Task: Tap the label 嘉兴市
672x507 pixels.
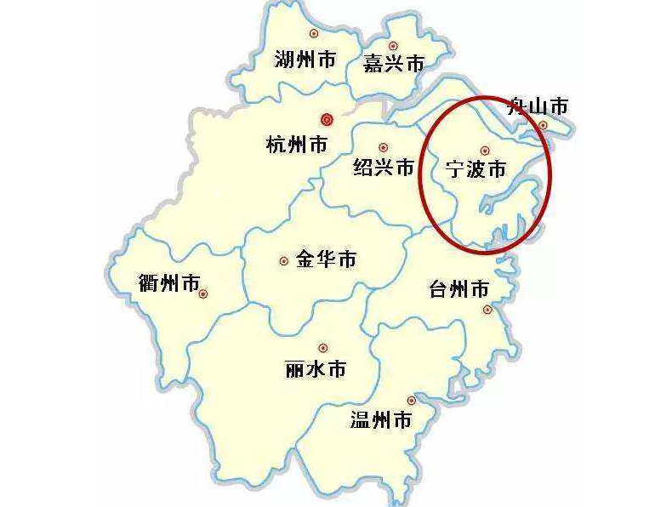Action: coord(393,64)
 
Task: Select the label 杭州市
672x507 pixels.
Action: coord(297,145)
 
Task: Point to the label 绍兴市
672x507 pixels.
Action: coord(384,168)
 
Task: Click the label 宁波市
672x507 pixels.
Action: coord(476,169)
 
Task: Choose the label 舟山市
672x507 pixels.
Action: coord(537,106)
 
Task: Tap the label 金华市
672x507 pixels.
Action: coord(326,260)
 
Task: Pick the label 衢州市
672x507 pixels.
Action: coord(168,282)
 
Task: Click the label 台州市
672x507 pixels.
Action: coord(459,289)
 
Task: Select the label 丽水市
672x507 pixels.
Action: coord(316,369)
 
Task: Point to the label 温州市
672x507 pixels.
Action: coord(381,419)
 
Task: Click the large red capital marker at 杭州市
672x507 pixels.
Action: coord(326,120)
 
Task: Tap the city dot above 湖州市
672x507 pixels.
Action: coord(314,33)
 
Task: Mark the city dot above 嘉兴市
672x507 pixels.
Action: coord(393,46)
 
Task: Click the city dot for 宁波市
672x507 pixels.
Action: coord(485,151)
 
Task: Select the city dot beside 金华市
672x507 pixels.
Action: coord(283,261)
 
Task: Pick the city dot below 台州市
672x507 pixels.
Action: coord(487,310)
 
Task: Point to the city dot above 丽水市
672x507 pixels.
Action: coord(322,347)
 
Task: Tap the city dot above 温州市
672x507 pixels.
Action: coord(412,400)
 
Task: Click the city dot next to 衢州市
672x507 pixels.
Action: coord(204,293)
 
